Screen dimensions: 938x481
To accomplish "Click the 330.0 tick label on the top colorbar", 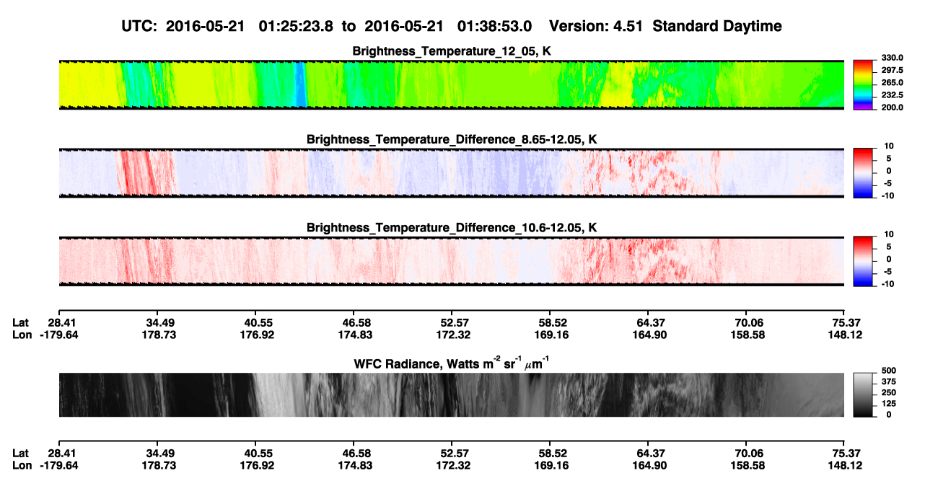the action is pyautogui.click(x=892, y=58).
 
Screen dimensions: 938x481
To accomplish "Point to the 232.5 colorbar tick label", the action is pyautogui.click(x=892, y=95).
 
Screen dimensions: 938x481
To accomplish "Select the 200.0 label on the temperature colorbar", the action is pyautogui.click(x=892, y=107).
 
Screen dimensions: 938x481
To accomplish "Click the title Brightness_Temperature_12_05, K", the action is pyautogui.click(x=452, y=51).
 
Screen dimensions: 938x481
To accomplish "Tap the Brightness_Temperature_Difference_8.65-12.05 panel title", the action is pyautogui.click(x=452, y=139).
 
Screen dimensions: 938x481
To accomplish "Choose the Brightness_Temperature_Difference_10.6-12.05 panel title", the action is pyautogui.click(x=452, y=228).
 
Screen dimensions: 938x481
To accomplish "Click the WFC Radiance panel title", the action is pyautogui.click(x=452, y=363).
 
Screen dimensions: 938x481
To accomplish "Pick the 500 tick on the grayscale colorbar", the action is pyautogui.click(x=889, y=371).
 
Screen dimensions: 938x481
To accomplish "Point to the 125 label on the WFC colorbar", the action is pyautogui.click(x=889, y=404).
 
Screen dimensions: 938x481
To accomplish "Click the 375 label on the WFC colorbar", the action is pyautogui.click(x=889, y=381).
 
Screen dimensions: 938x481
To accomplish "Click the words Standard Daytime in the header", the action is pyautogui.click(x=717, y=26).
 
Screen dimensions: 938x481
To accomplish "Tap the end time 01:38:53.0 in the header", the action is pyautogui.click(x=494, y=26).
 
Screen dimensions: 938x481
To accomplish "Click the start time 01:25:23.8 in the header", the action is pyautogui.click(x=296, y=26).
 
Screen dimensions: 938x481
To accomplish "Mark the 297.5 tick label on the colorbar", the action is pyautogui.click(x=892, y=71).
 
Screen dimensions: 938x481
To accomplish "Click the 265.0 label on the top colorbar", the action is pyautogui.click(x=892, y=82).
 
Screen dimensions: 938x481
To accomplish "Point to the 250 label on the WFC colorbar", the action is pyautogui.click(x=889, y=393).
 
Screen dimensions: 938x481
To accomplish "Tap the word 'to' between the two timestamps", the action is pyautogui.click(x=349, y=27).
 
